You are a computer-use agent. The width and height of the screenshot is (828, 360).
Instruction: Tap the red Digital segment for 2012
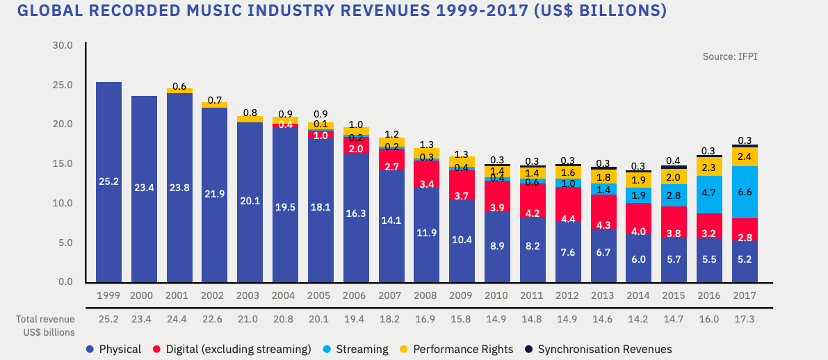tap(568, 208)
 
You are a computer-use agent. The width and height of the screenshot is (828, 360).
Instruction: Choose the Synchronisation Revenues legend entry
tap(598, 349)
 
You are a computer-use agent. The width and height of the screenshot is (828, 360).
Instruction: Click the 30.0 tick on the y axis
tap(63, 45)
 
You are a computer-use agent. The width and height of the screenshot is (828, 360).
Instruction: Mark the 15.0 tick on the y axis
tap(63, 164)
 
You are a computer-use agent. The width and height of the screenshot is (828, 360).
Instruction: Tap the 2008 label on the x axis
tap(426, 295)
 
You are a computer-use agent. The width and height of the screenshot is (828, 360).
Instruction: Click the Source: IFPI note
tap(730, 56)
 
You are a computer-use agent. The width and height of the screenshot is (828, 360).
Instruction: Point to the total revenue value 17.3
tap(745, 320)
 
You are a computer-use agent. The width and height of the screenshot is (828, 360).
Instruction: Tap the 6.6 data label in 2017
tap(745, 192)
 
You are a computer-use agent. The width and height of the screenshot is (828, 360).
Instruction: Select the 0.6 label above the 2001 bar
tap(179, 87)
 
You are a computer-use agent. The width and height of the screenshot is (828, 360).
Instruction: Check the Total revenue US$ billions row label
tap(45, 325)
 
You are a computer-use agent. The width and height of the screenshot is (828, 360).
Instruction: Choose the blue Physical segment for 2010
tap(497, 247)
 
